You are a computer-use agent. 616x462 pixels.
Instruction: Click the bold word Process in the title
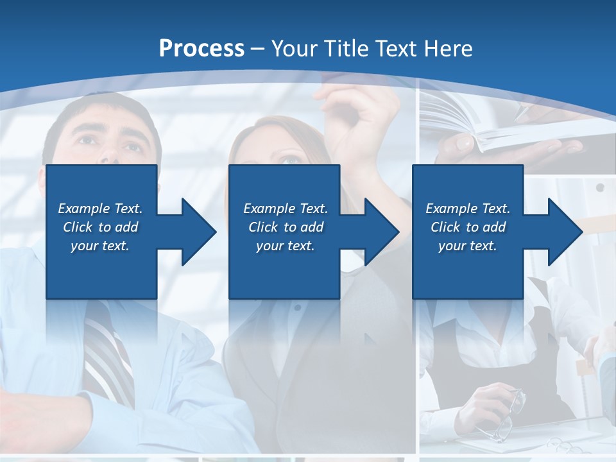[201, 49]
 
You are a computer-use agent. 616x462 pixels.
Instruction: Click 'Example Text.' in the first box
[100, 209]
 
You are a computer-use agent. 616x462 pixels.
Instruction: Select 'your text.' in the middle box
[285, 246]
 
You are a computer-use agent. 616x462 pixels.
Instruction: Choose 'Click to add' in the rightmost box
[468, 227]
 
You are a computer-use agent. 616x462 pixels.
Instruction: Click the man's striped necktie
[106, 353]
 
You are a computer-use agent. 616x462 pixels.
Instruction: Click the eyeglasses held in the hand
[510, 414]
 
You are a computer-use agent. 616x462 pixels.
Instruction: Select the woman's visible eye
[290, 160]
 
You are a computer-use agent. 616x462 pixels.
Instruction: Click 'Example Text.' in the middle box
[285, 209]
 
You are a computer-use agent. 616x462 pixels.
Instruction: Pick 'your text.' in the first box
[100, 246]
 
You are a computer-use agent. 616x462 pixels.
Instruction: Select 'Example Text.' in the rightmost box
[468, 209]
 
